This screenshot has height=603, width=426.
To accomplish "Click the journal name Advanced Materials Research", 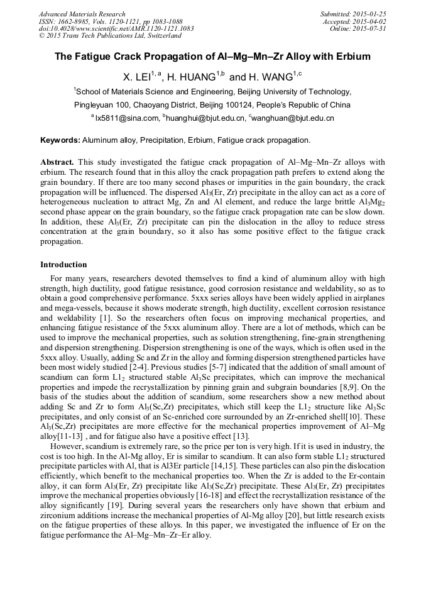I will coord(82,14).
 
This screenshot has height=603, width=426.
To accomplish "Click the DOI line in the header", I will coord(116,29).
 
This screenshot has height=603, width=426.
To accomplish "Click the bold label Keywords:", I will coord(60,140).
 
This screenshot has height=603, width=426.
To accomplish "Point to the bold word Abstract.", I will coord(57,162).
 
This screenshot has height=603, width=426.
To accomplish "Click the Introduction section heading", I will coord(63,265).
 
